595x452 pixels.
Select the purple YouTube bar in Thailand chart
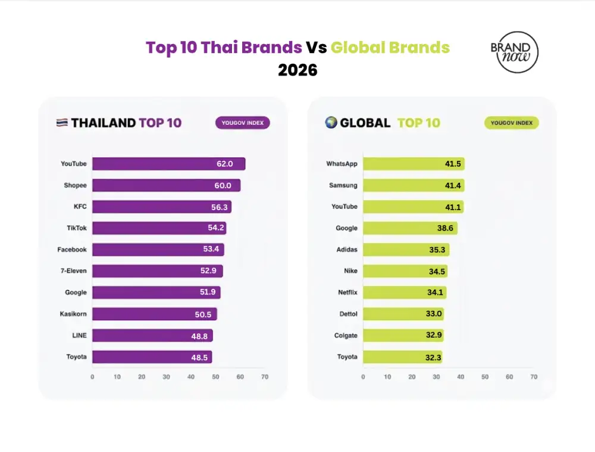[x=168, y=164]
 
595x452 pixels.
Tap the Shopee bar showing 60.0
[x=166, y=185]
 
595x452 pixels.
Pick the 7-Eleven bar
[x=157, y=271]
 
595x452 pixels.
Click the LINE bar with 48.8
[x=152, y=335]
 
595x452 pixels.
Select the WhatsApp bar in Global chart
[x=414, y=164]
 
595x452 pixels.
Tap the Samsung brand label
[x=343, y=185]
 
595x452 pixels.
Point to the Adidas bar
[x=406, y=250]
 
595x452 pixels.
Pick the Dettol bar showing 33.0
[x=403, y=314]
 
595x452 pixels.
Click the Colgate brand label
[x=346, y=335]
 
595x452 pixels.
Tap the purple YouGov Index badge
[x=243, y=123]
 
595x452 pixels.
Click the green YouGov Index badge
[x=511, y=123]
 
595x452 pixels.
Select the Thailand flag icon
[x=62, y=123]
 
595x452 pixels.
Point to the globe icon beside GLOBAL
[x=331, y=123]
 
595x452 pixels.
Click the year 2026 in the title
[x=297, y=70]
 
